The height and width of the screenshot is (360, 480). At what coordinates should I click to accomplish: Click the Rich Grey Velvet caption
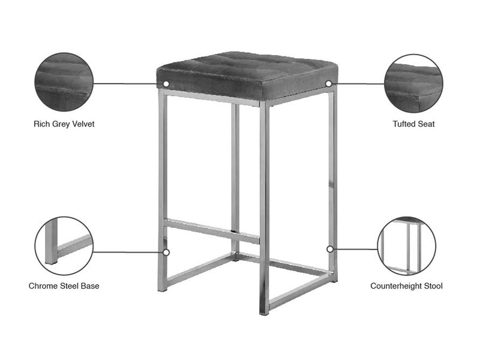64,124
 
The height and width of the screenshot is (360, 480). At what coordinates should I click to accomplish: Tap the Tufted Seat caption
413,124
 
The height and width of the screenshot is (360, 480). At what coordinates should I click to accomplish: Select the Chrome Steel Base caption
64,286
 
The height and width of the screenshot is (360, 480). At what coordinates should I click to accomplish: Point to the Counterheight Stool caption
407,286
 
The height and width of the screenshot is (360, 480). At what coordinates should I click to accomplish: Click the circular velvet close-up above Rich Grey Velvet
64,82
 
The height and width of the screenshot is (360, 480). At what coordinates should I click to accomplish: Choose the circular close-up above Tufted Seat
413,83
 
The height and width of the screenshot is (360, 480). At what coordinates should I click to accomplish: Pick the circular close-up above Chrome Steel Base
64,246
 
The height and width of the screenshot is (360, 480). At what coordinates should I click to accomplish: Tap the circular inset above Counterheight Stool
407,246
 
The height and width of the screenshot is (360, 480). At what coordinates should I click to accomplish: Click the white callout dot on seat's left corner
166,83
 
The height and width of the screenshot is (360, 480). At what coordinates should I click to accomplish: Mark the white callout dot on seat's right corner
328,83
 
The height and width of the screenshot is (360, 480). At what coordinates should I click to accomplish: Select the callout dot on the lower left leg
166,253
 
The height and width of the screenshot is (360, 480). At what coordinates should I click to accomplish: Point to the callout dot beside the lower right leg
330,249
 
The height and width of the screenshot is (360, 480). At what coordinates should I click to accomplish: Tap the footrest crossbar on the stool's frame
211,231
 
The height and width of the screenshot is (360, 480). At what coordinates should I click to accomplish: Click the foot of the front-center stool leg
264,312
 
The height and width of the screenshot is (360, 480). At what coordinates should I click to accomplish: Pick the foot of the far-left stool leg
162,289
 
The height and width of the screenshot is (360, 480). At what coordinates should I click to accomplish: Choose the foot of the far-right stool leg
334,280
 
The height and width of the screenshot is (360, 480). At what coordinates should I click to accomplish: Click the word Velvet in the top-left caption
83,124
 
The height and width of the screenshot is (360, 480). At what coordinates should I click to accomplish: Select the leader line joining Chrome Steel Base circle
128,253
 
